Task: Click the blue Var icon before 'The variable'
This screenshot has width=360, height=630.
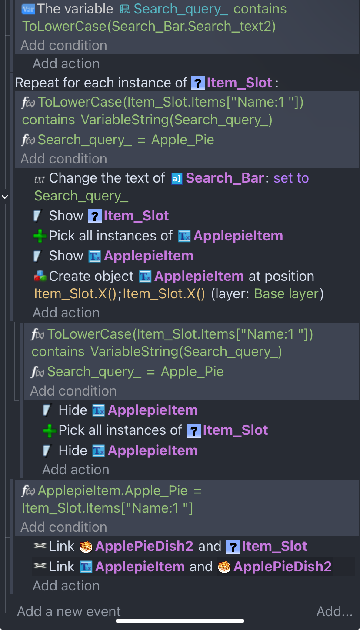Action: [28, 9]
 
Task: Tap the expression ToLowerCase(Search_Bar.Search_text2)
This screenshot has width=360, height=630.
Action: [149, 27]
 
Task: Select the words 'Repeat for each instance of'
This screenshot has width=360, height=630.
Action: [101, 83]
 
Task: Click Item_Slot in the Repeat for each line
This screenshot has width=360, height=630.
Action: [239, 83]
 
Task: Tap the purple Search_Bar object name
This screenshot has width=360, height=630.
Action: [224, 178]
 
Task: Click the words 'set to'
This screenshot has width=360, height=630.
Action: [291, 178]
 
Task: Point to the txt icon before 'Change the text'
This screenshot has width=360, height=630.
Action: [40, 178]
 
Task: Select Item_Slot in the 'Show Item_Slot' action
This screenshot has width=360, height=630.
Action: [136, 216]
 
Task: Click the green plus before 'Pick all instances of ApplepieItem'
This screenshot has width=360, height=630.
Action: [40, 236]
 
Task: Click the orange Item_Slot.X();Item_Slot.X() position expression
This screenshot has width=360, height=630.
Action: [119, 293]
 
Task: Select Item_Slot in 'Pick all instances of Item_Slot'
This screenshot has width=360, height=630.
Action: [235, 430]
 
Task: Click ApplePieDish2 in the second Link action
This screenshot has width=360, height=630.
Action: [282, 567]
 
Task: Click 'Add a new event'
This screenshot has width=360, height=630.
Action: [69, 611]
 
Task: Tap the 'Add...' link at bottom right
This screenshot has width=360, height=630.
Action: [334, 611]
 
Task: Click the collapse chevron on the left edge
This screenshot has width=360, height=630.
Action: [5, 197]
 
